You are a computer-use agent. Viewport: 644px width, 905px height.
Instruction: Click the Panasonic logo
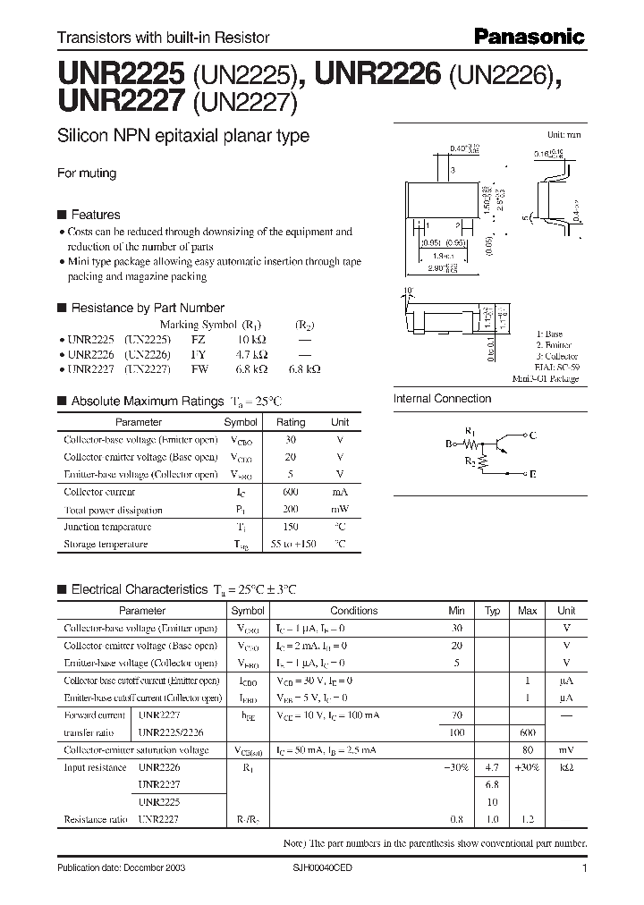(529, 37)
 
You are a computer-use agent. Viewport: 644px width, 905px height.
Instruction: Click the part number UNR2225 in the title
(120, 71)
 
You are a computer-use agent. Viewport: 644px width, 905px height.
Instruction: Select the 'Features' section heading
(95, 215)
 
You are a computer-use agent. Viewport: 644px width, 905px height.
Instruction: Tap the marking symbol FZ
(198, 341)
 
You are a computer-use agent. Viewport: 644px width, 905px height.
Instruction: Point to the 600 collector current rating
(290, 492)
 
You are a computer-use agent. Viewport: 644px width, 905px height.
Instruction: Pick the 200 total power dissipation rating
(290, 509)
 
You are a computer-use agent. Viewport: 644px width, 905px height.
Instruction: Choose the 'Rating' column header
(290, 422)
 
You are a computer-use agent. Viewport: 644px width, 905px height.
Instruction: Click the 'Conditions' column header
(354, 611)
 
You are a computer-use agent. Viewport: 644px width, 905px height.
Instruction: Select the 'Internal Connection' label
(443, 399)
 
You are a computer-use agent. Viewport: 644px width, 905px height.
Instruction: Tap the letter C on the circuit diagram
(533, 436)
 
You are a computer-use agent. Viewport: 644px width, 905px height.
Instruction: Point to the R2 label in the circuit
(469, 461)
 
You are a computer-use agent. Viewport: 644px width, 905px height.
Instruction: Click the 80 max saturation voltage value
(528, 750)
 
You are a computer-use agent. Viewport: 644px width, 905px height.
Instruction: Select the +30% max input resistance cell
(528, 767)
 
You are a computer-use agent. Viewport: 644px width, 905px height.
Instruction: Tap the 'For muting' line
(87, 173)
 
